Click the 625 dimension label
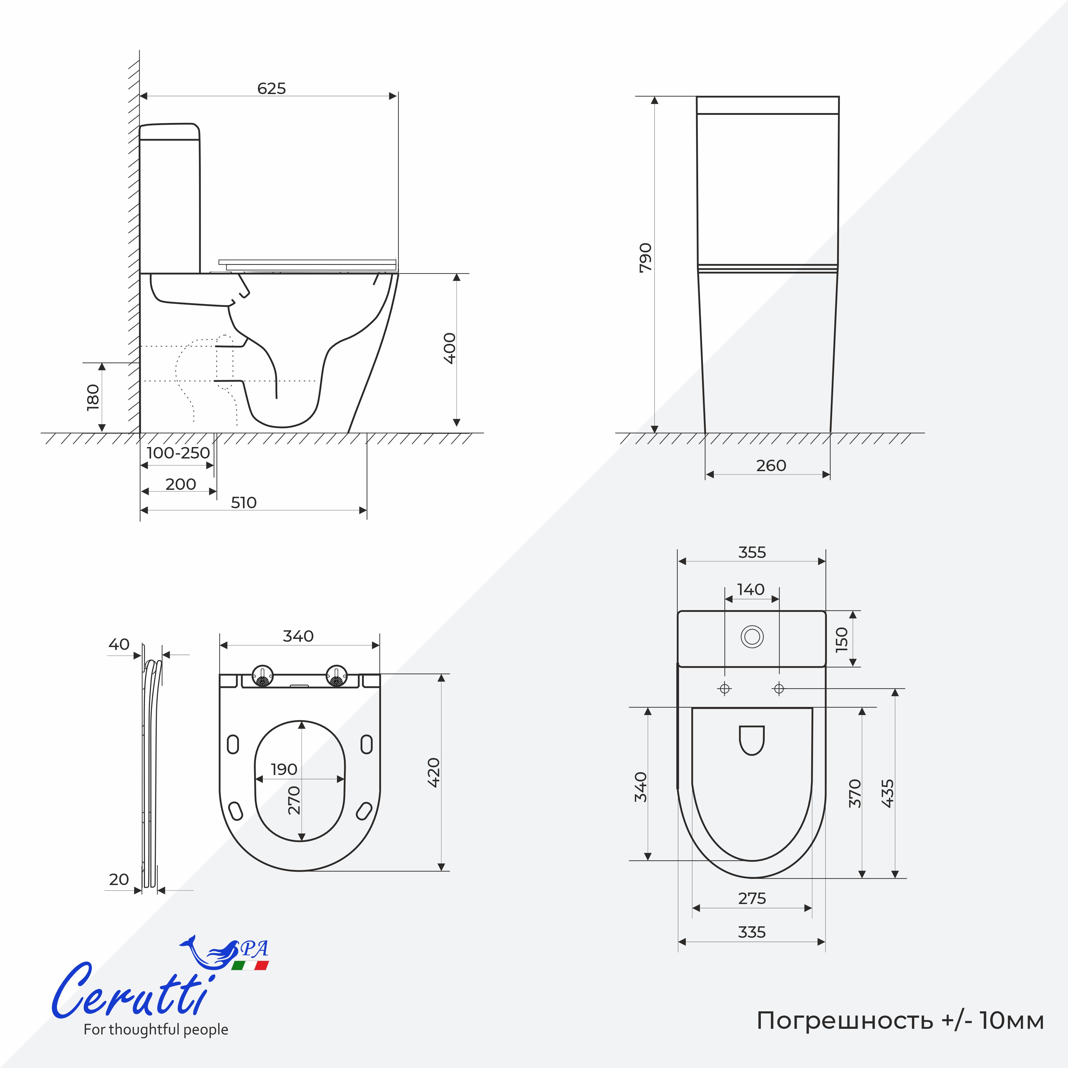pos(271,88)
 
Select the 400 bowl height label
pos(450,348)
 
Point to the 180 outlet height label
pos(93,397)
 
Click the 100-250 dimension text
pos(178,453)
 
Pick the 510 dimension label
pos(244,502)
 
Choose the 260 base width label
pos(771,465)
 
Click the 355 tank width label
pos(752,552)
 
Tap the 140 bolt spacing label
pos(751,589)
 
